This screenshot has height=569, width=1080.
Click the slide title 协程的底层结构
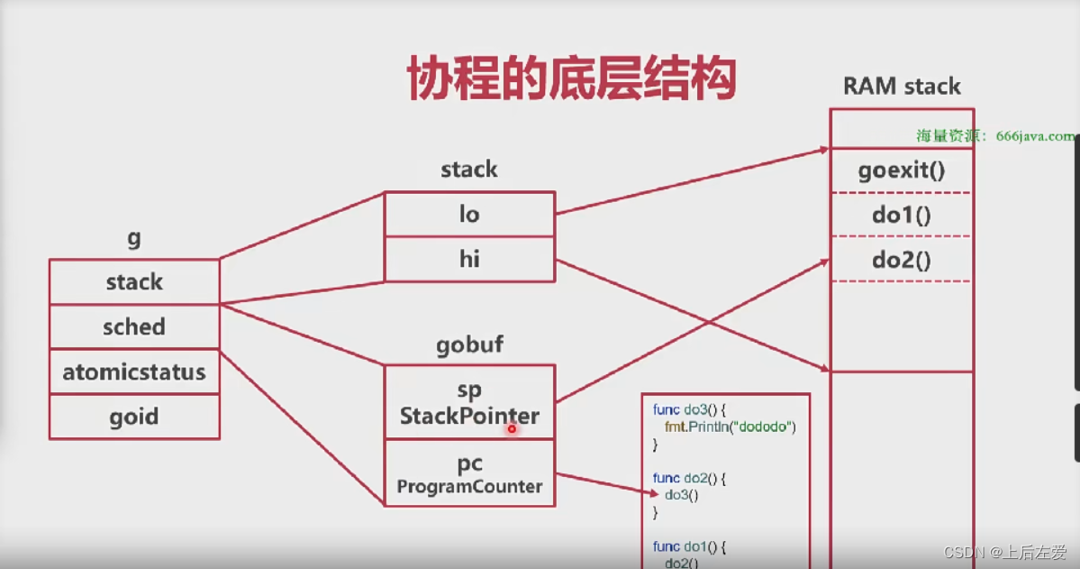click(572, 79)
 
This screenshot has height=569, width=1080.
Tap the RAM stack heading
click(901, 87)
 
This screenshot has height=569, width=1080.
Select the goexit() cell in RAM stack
click(901, 170)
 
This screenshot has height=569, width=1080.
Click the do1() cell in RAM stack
click(901, 215)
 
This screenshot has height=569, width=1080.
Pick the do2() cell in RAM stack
click(901, 260)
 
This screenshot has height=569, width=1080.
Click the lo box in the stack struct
click(469, 214)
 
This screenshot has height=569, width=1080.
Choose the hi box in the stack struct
click(469, 260)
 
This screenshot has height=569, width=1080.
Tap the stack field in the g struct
click(134, 282)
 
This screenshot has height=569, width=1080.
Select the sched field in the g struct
click(134, 326)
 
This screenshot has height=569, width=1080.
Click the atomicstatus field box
click(134, 372)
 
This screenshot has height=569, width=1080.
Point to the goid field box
click(134, 417)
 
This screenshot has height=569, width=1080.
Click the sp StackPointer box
click(469, 402)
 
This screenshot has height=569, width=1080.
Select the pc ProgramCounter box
click(469, 473)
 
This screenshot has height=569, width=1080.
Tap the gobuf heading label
click(469, 345)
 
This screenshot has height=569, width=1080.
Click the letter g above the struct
click(134, 239)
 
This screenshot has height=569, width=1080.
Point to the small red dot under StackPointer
click(512, 429)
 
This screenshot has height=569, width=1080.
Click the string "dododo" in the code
click(766, 427)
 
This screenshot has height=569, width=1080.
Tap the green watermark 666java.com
click(1035, 136)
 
